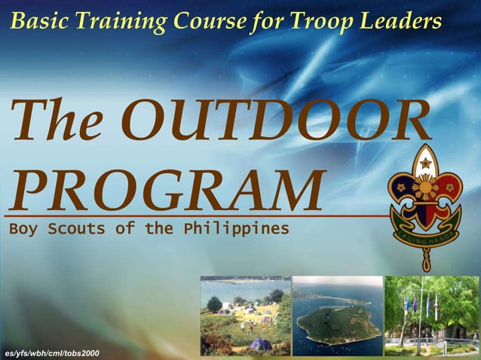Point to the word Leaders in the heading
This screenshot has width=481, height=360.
tap(404, 22)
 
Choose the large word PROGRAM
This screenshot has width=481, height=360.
tap(167, 191)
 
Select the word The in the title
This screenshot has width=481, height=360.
tap(57, 121)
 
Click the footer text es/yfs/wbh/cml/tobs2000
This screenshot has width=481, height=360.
tap(51, 353)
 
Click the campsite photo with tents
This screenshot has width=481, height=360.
tap(245, 315)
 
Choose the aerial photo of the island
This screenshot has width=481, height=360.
tap(337, 315)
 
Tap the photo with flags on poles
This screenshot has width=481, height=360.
tap(431, 315)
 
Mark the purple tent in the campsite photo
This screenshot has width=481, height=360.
tap(260, 343)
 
